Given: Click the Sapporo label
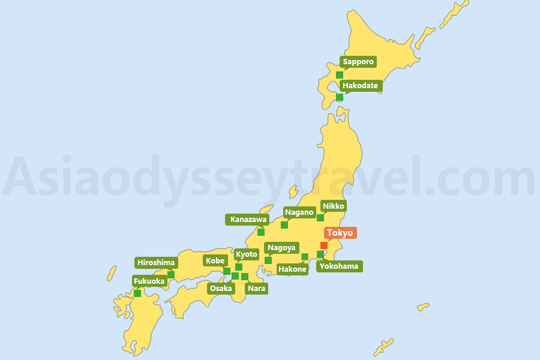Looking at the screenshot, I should pyautogui.click(x=358, y=62).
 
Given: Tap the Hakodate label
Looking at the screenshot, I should pyautogui.click(x=360, y=86).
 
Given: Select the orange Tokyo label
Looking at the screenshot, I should pyautogui.click(x=340, y=233).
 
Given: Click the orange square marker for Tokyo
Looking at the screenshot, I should pyautogui.click(x=324, y=245).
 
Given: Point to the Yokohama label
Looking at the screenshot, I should pyautogui.click(x=339, y=266).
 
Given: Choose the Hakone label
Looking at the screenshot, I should pyautogui.click(x=293, y=269).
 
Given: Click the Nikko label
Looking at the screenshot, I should pyautogui.click(x=334, y=206).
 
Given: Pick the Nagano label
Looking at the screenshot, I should pyautogui.click(x=299, y=212).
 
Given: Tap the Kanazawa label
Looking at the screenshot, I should pyautogui.click(x=248, y=220).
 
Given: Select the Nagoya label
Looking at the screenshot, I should pyautogui.click(x=281, y=248).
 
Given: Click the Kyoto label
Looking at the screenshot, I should pyautogui.click(x=247, y=254).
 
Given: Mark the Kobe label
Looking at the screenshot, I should pyautogui.click(x=215, y=260).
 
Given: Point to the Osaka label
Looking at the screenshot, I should pyautogui.click(x=221, y=288).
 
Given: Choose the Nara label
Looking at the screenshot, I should pyautogui.click(x=256, y=288).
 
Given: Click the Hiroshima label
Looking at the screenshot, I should pyautogui.click(x=156, y=262).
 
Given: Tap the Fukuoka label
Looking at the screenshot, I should pyautogui.click(x=149, y=281).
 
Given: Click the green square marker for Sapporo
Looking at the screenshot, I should pyautogui.click(x=340, y=75).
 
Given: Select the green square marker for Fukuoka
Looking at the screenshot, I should pyautogui.click(x=137, y=293).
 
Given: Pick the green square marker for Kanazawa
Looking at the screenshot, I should pyautogui.click(x=261, y=232).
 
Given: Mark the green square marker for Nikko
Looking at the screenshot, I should pyautogui.click(x=320, y=218).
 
